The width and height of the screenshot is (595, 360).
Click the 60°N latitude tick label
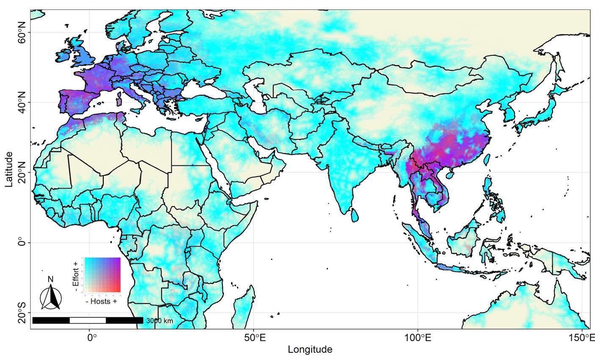coord(21,32)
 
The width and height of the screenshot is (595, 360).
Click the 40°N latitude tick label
coord(21,102)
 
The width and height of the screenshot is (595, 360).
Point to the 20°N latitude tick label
coord(21,172)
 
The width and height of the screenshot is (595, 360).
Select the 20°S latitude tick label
coord(21,313)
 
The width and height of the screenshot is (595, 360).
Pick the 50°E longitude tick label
coord(253,338)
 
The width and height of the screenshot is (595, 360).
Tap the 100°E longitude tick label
coord(418,338)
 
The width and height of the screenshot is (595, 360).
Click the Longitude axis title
coord(310,350)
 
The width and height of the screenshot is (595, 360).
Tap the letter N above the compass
coord(51,279)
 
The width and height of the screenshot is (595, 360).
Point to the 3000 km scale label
coord(160,321)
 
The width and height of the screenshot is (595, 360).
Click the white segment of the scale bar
coord(88,320)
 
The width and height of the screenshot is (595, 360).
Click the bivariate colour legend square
coord(103,275)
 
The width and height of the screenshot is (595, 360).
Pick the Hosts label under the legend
coord(101,301)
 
